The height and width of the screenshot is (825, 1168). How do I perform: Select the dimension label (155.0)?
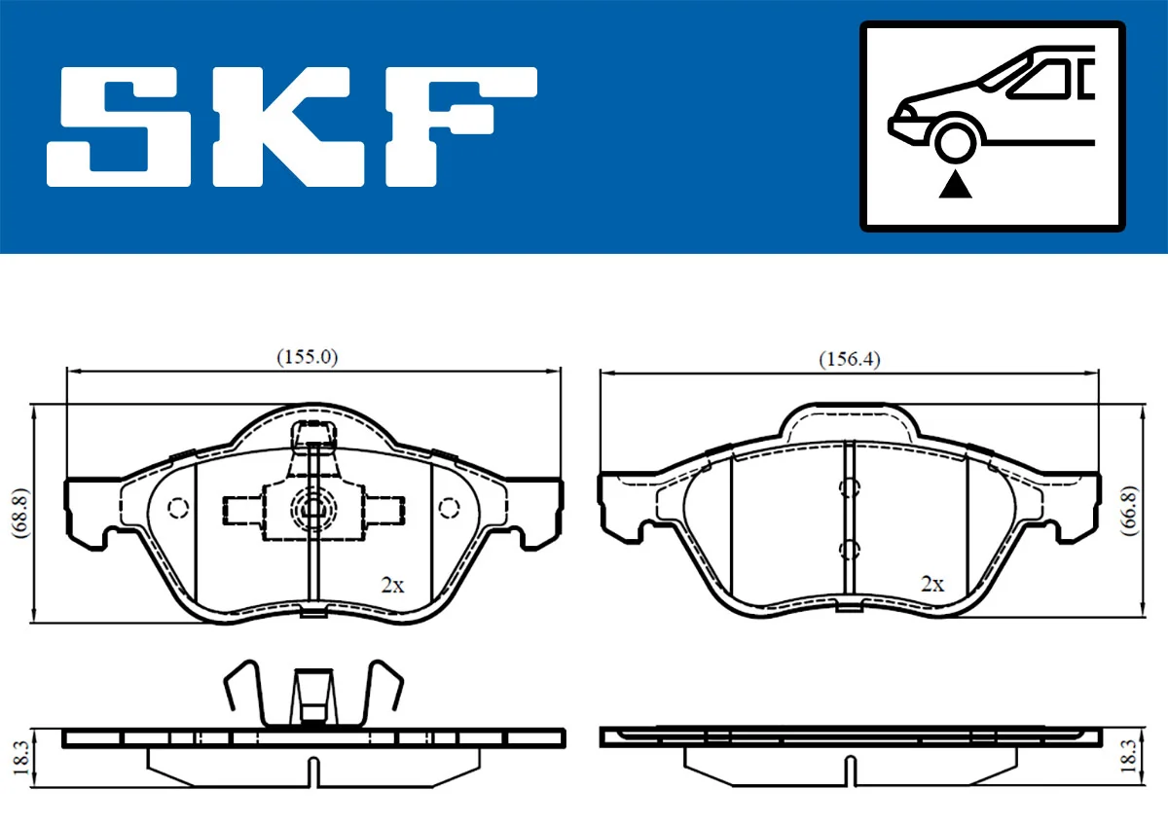tap(307, 357)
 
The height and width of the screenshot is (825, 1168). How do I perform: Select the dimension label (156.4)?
tap(849, 359)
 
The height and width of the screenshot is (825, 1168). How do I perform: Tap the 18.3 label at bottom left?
tap(18, 756)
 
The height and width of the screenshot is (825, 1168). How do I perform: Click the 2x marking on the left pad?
tap(391, 585)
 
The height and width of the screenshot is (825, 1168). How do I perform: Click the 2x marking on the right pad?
tap(932, 584)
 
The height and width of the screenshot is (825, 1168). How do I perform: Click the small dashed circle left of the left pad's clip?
tap(178, 508)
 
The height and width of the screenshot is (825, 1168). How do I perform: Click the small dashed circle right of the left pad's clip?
tap(449, 508)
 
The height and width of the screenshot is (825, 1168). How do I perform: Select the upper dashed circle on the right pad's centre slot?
tap(849, 488)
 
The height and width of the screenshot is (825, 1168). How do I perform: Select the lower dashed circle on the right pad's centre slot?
tap(849, 550)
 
